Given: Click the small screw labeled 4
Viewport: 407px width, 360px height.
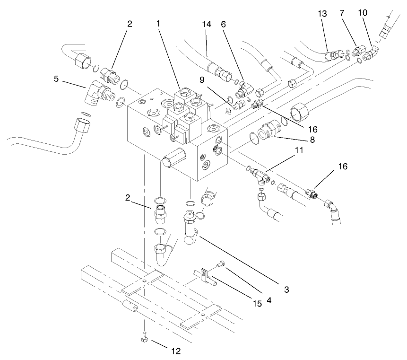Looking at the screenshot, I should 221,265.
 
